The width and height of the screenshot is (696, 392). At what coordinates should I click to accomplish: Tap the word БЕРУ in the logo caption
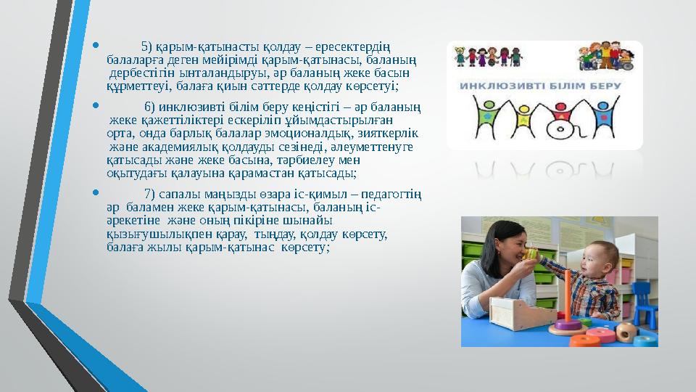click(x=604, y=86)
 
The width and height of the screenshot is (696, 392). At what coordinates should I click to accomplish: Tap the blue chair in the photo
click(x=643, y=305)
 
